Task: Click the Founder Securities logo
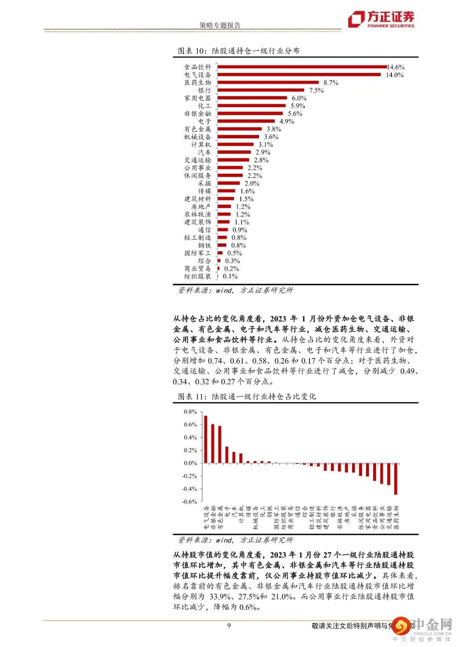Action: click(x=381, y=19)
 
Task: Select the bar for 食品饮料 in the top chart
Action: click(x=302, y=67)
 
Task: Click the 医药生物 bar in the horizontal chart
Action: click(x=268, y=83)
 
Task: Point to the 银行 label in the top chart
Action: click(x=204, y=90)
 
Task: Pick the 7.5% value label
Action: click(x=316, y=90)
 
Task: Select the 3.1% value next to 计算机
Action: click(x=266, y=144)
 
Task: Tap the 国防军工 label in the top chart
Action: click(x=198, y=253)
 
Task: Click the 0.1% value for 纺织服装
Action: click(x=230, y=276)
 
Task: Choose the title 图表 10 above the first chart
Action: click(x=239, y=51)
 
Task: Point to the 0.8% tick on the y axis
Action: click(x=190, y=412)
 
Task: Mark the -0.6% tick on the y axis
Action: click(x=190, y=502)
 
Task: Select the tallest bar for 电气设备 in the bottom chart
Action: click(x=206, y=439)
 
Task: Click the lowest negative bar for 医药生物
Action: click(x=396, y=479)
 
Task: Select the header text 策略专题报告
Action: click(x=220, y=25)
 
